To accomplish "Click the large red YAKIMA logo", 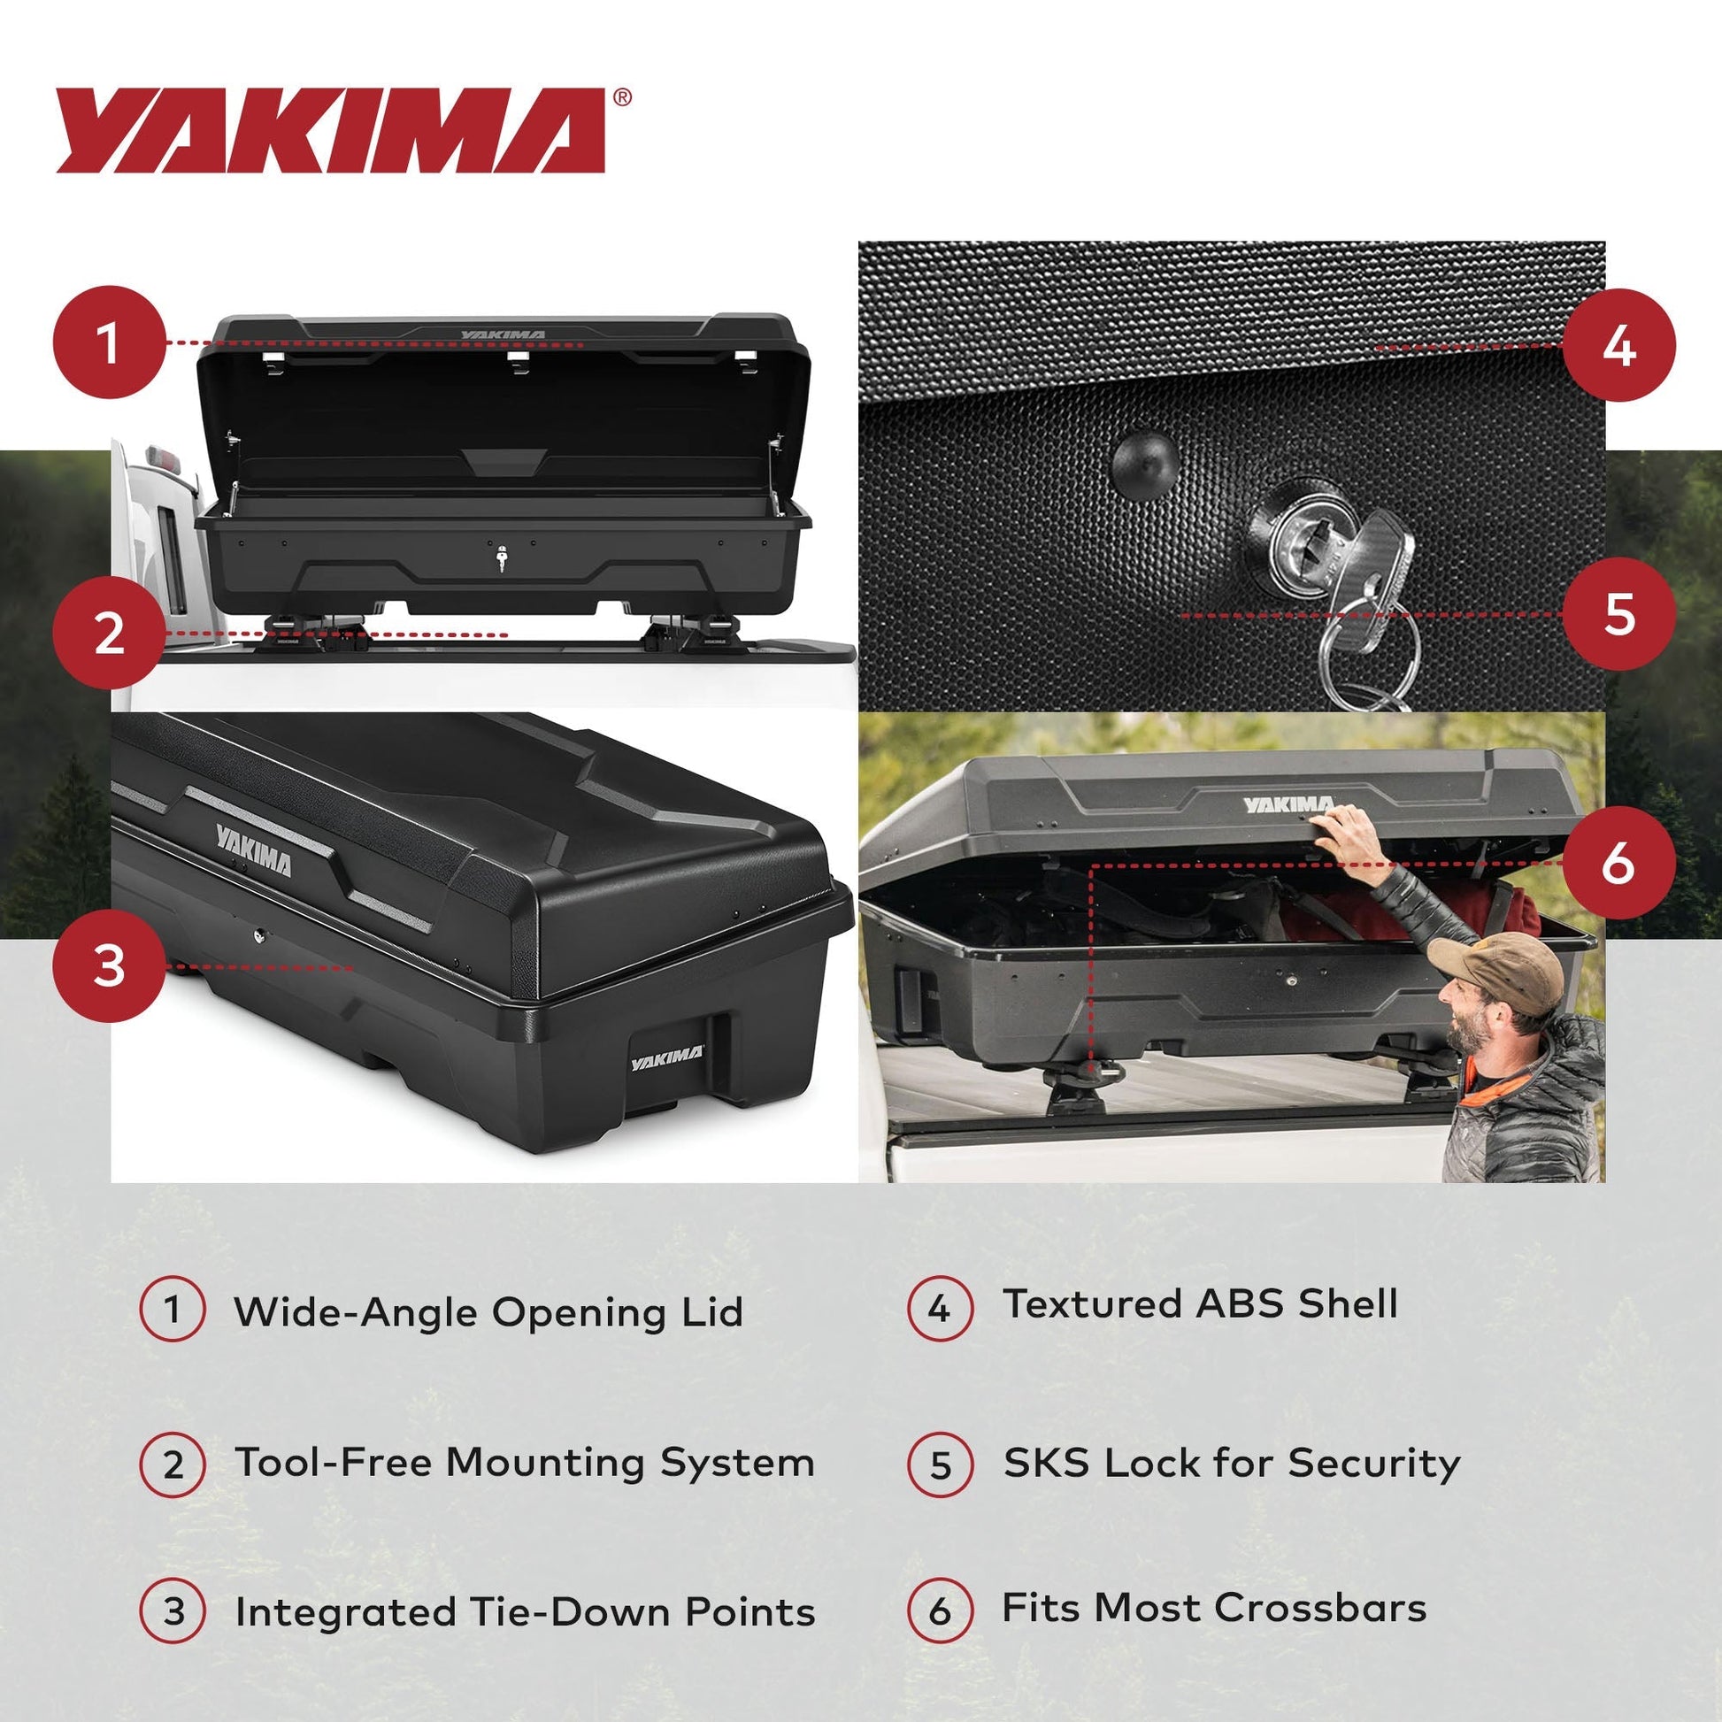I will click(x=330, y=130).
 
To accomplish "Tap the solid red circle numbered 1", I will click(x=109, y=342).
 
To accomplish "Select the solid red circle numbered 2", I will click(x=109, y=634).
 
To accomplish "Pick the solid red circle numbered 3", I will click(x=109, y=965).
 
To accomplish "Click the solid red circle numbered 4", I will click(x=1618, y=346).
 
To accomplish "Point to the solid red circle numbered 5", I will click(x=1618, y=614).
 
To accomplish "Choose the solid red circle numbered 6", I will click(x=1618, y=863).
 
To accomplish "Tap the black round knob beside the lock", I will click(x=1146, y=461).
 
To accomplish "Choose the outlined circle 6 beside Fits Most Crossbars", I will click(x=940, y=1610).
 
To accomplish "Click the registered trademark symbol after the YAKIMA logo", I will click(x=623, y=97).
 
